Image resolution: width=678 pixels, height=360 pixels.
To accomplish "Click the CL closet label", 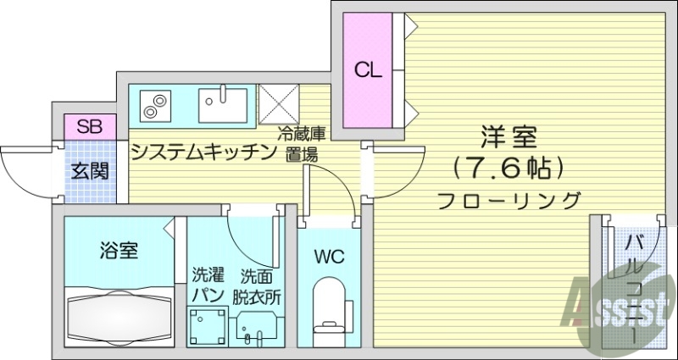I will (368, 70).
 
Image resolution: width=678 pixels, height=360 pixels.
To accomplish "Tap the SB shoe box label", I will (89, 127).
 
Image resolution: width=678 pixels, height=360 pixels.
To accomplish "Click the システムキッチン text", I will (204, 152).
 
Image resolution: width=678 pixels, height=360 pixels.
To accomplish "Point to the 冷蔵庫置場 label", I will (303, 144).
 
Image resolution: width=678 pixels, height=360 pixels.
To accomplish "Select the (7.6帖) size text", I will (508, 168).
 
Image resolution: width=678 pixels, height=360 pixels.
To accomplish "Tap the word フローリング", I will (509, 201).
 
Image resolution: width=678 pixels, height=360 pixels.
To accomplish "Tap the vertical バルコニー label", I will (633, 288).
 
